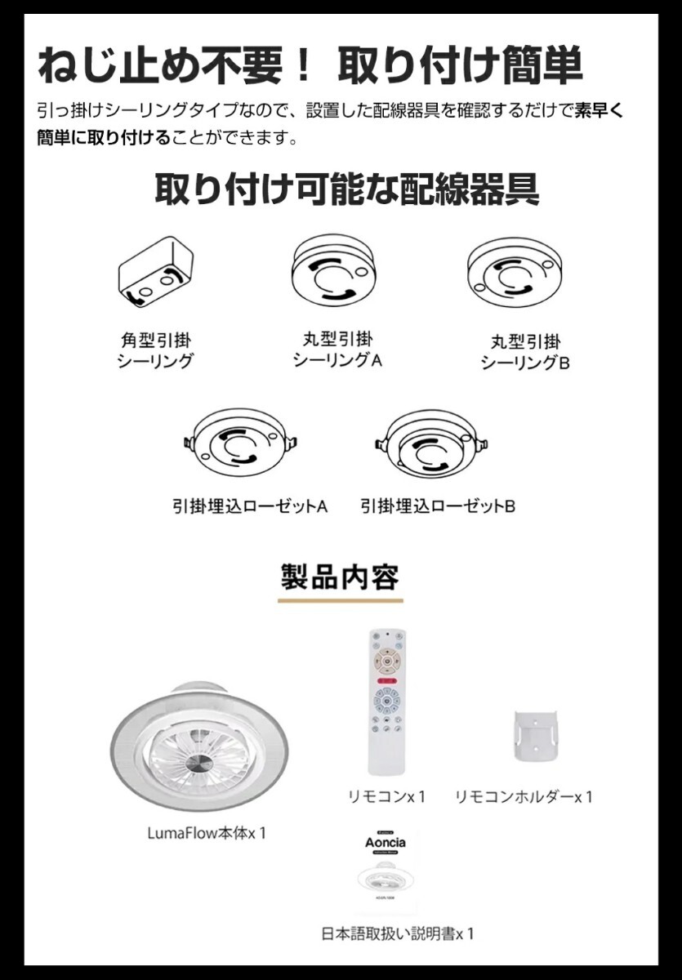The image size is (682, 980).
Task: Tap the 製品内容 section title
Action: coord(340,577)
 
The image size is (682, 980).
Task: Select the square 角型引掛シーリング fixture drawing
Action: coord(156,273)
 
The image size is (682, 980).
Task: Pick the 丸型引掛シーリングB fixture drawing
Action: coord(515,273)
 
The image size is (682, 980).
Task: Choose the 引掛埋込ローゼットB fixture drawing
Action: coord(431,445)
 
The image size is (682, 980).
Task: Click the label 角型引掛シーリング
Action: coord(156,350)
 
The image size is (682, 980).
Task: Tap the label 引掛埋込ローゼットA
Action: coord(250,506)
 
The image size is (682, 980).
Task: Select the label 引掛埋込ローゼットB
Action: coord(438,506)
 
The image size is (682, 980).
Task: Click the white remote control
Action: coord(386,702)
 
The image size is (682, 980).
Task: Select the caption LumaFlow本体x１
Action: coord(207,833)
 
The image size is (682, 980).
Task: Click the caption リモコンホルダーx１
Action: coord(524,796)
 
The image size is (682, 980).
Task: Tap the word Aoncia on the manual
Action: coord(384,842)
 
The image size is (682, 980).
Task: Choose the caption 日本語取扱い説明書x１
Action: coord(398,933)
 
